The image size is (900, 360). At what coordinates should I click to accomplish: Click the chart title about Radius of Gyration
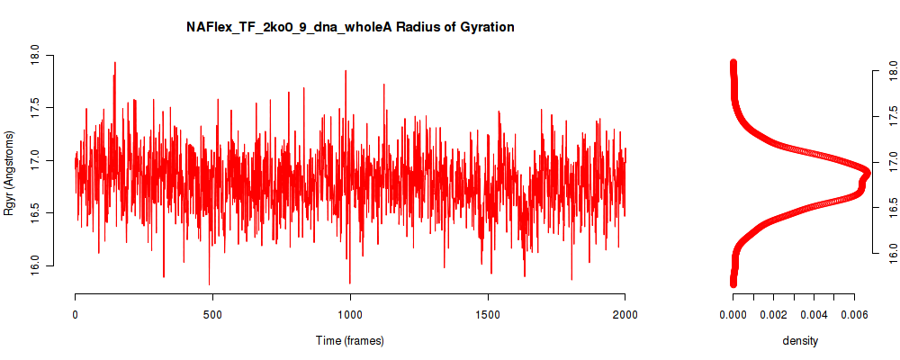point(350,27)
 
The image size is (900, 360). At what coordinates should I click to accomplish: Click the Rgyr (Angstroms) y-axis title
point(9,173)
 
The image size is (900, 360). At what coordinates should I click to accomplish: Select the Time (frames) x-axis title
point(349,340)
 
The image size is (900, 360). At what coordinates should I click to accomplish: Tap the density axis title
point(799,341)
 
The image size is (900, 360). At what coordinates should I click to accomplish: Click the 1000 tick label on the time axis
point(349,315)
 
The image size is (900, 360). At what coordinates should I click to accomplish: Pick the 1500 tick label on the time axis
point(487,315)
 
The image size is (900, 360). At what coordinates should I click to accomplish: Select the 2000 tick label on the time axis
point(625,315)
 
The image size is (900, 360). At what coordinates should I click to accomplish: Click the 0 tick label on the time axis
point(76,315)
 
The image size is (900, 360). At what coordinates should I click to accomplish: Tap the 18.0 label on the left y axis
point(34,56)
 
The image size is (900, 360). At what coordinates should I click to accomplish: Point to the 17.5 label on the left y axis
point(34,108)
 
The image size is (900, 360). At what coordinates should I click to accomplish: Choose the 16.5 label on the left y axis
point(34,213)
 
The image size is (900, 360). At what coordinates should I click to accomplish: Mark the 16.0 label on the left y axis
point(34,265)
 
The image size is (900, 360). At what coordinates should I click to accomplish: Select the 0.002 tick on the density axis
point(773,315)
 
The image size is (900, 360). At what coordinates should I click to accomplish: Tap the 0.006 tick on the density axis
point(854,315)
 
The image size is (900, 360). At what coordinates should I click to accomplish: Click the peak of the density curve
point(868,172)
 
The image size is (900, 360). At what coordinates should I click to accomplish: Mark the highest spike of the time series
point(115,63)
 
